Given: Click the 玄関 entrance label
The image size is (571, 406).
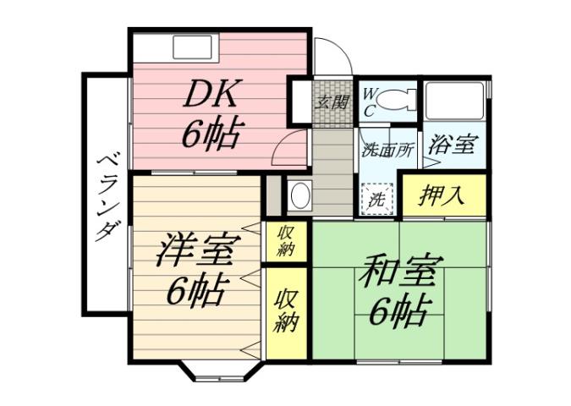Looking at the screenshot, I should coord(331,103).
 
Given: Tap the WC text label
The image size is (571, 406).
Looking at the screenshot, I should coord(370,101).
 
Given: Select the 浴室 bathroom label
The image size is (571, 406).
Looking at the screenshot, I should coord(450,145).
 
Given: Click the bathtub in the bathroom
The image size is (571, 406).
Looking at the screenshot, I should coord(455,101).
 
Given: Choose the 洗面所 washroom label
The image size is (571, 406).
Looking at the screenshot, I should coord(387,151).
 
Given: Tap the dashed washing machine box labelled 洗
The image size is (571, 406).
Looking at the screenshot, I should coord(378,200).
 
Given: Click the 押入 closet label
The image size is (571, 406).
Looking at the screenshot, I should coord(444,196).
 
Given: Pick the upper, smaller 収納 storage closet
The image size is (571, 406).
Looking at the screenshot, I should coord(282,241).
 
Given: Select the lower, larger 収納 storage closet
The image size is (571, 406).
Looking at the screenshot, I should coord(285,311).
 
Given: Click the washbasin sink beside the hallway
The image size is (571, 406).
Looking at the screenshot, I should coord(299,196).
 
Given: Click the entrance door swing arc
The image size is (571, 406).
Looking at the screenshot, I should coord(334,58).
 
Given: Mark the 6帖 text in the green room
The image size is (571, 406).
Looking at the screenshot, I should coord(399,311).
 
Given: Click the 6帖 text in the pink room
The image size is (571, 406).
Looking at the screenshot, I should coord(211,134).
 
